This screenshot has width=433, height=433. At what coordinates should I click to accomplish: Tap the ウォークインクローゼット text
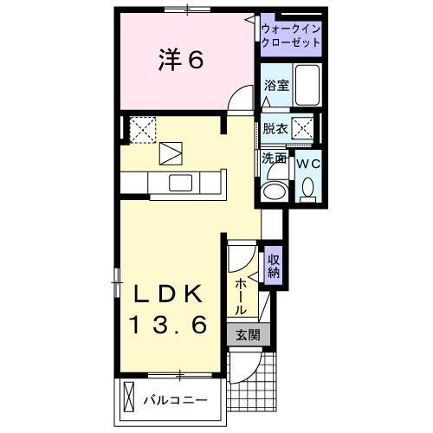[290, 36]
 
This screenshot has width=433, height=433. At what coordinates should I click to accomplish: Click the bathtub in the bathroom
[307, 84]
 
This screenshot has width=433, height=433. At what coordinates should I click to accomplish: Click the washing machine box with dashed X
[304, 129]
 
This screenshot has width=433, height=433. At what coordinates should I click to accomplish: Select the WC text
[308, 162]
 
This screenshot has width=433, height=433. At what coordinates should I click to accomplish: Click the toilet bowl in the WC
[308, 189]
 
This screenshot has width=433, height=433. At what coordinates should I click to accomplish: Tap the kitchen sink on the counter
[181, 182]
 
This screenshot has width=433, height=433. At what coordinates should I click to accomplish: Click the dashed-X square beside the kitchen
[141, 130]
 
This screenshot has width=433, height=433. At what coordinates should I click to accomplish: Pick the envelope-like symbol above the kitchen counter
[171, 152]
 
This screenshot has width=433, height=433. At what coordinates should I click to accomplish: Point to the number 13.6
[168, 325]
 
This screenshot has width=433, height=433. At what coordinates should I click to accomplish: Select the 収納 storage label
[273, 264]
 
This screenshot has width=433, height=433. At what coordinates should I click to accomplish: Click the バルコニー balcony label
[175, 400]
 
